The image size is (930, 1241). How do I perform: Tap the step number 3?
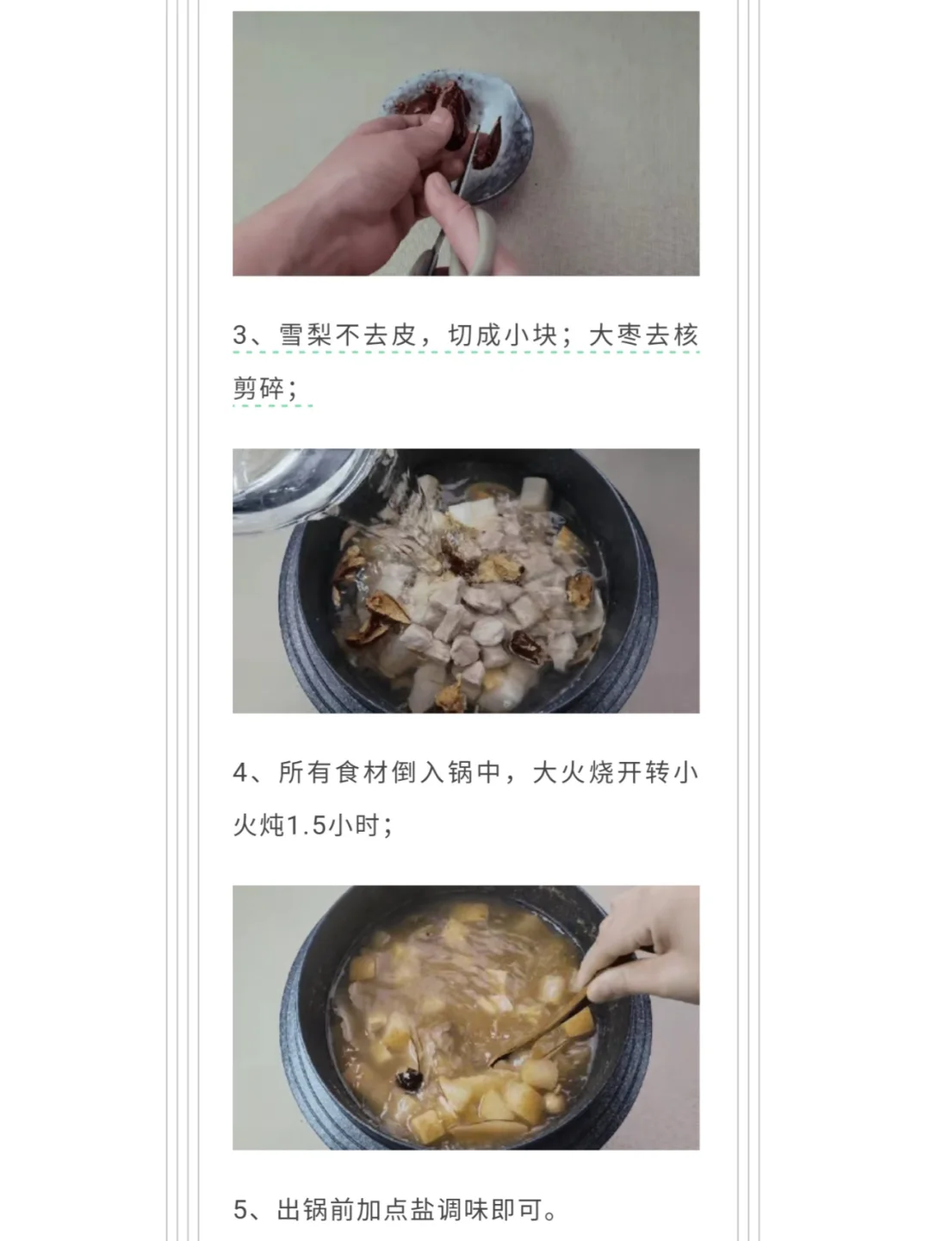pyautogui.click(x=240, y=335)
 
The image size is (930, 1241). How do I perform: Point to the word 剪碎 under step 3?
pyautogui.click(x=258, y=389)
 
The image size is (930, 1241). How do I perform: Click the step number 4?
pyautogui.click(x=240, y=772)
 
